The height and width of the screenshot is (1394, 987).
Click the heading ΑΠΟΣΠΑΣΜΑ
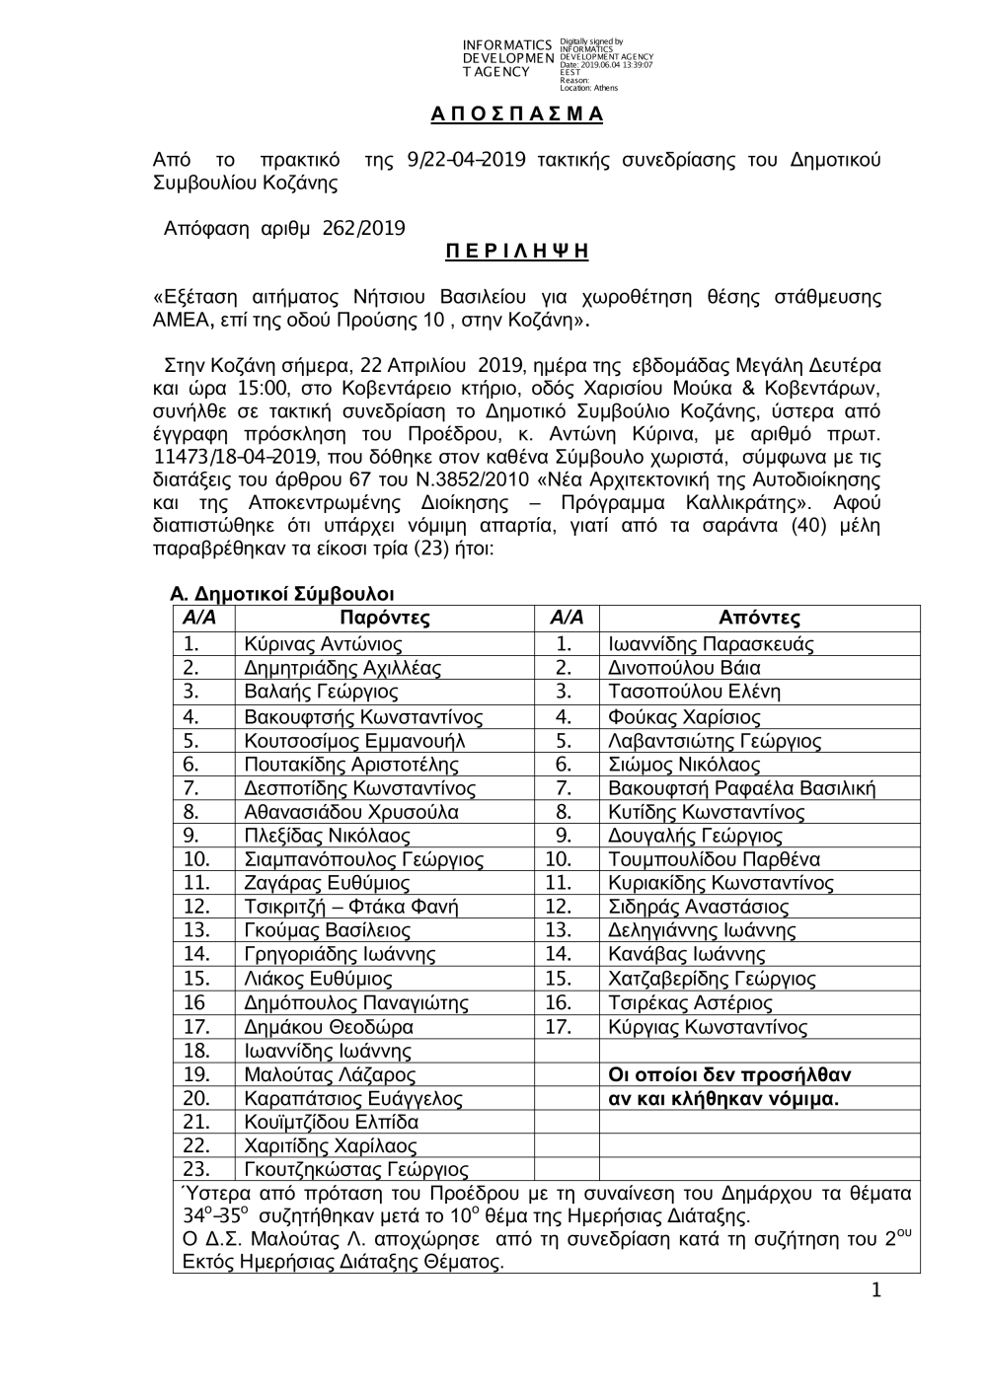(516, 113)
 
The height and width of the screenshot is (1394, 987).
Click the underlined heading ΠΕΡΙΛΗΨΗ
(516, 252)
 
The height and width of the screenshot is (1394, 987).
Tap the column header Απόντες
(759, 619)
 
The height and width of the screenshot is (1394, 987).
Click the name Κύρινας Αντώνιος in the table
(323, 644)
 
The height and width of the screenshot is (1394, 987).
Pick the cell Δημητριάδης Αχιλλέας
(342, 668)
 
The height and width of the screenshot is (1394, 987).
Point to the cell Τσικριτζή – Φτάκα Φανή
(350, 907)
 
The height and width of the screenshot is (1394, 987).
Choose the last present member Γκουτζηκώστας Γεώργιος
(355, 1170)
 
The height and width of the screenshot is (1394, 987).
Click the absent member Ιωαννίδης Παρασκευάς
(711, 644)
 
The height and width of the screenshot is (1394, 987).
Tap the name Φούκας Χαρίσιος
(684, 717)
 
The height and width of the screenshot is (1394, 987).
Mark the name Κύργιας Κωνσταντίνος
(708, 1027)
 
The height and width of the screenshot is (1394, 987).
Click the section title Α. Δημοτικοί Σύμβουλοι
(282, 594)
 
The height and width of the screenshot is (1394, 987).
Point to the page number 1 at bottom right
(876, 1291)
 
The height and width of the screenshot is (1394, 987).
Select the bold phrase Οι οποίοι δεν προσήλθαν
(729, 1074)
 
